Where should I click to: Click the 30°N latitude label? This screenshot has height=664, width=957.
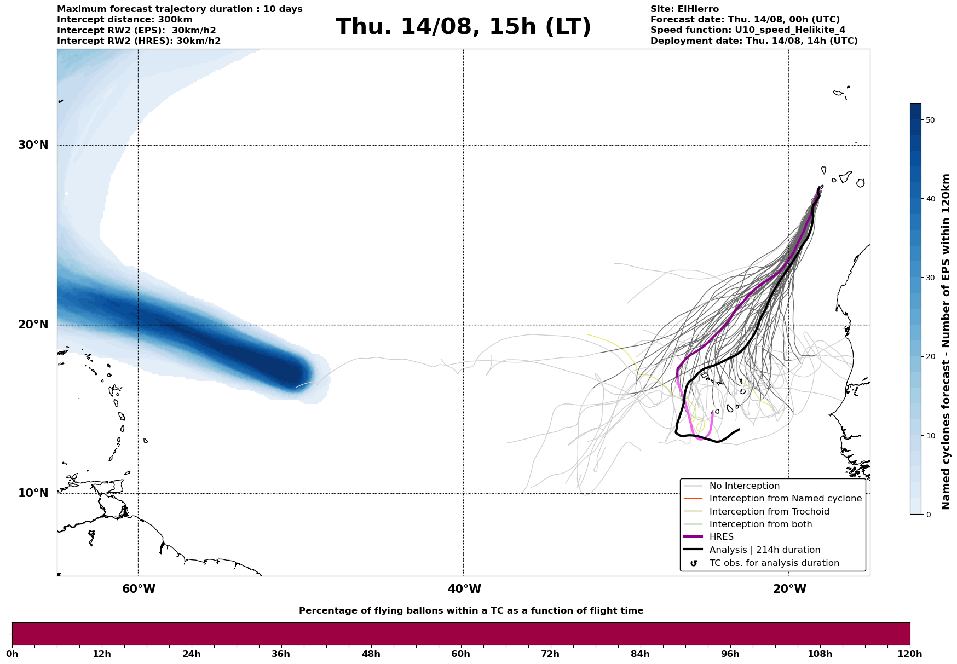33,145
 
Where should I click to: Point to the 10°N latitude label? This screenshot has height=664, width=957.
33,493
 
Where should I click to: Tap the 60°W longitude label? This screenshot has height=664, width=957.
139,589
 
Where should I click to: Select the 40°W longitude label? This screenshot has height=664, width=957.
464,589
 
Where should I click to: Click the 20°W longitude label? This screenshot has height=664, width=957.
789,589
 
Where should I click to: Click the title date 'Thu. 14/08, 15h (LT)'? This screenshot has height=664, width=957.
463,27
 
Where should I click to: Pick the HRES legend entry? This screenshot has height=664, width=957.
721,537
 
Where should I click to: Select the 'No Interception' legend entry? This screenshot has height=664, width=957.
744,486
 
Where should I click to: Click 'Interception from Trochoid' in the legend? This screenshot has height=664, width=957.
769,512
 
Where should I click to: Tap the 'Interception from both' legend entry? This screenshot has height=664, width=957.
760,524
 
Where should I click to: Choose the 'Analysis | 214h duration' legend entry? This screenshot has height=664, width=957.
764,550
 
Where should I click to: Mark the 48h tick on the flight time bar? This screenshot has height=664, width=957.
371,654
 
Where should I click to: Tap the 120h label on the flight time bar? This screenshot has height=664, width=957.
910,654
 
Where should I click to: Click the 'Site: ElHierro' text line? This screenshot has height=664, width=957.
684,9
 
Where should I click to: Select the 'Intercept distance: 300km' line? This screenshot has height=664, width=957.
124,20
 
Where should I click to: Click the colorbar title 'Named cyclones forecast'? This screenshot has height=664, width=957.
946,342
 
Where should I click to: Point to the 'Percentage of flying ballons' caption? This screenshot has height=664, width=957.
471,611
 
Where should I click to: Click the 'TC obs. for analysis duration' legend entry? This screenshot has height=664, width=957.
774,563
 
